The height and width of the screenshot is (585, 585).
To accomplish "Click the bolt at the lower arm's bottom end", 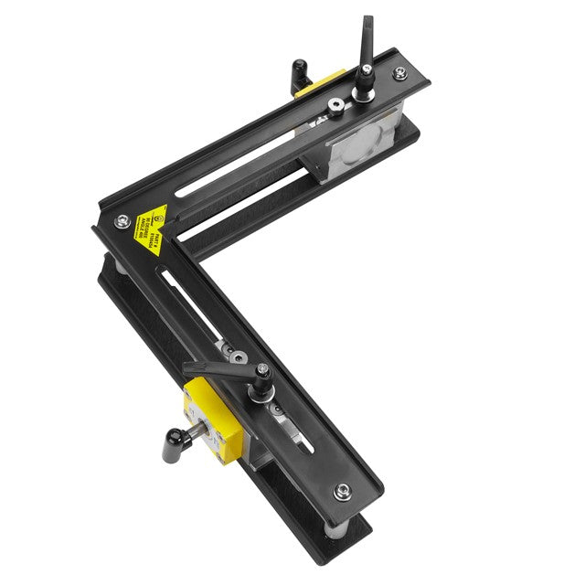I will click(x=342, y=491).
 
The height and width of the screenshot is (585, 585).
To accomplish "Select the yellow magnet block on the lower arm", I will click(x=207, y=417).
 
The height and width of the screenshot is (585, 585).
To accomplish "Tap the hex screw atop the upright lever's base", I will click(x=367, y=69).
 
